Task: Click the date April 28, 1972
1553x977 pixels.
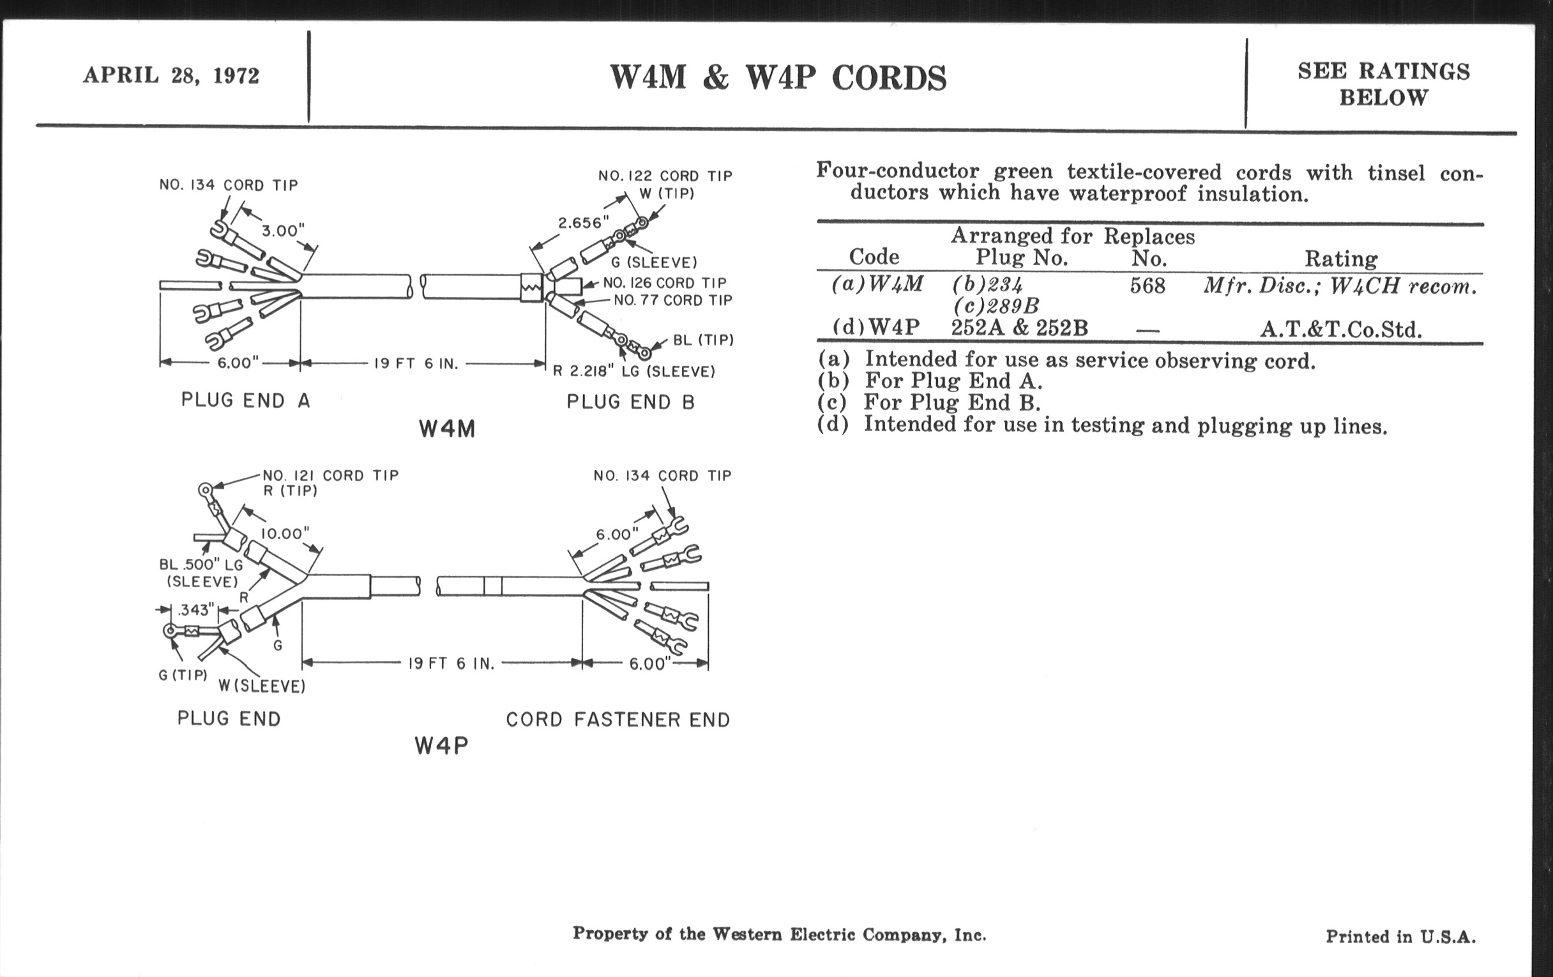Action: pos(171,75)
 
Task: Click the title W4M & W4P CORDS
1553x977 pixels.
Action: pos(778,78)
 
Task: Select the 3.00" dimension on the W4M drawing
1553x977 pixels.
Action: pos(282,231)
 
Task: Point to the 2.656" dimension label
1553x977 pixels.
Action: pos(583,223)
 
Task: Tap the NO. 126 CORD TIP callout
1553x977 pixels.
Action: pos(664,283)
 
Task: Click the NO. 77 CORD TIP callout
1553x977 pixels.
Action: pos(672,301)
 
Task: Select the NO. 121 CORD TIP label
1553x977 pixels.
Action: pos(330,476)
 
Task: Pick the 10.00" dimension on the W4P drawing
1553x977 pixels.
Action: pos(285,534)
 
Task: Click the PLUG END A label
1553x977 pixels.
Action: pos(246,400)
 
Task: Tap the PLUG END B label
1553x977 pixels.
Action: pos(631,402)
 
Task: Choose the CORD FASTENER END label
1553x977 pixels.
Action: pos(617,720)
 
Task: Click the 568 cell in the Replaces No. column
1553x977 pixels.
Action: pos(1148,285)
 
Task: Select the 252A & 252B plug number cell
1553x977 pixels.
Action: pos(1019,328)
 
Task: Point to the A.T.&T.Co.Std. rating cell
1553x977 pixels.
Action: pos(1340,330)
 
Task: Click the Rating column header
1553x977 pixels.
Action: pos(1341,259)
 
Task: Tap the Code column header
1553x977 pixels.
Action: pos(874,257)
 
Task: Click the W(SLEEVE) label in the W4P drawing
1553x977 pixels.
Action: pos(261,686)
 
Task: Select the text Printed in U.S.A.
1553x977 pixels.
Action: pos(1400,936)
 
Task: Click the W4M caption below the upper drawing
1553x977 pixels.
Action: pos(447,429)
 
